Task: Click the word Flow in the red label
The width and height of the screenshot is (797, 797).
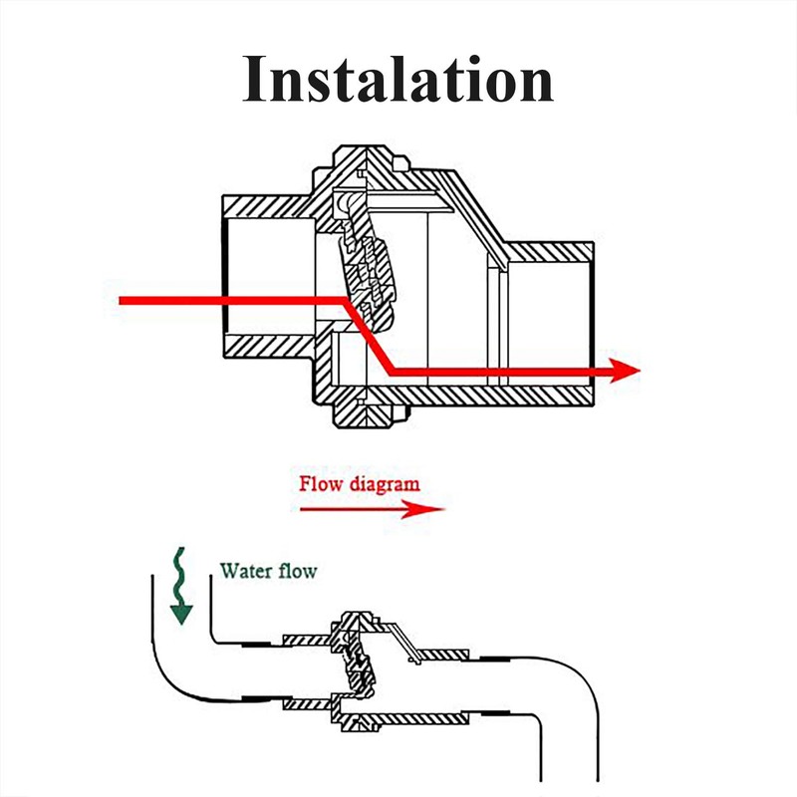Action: tap(322, 485)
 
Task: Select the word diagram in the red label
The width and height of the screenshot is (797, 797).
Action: tap(384, 486)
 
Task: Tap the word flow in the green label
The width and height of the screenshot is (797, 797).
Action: tap(298, 571)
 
